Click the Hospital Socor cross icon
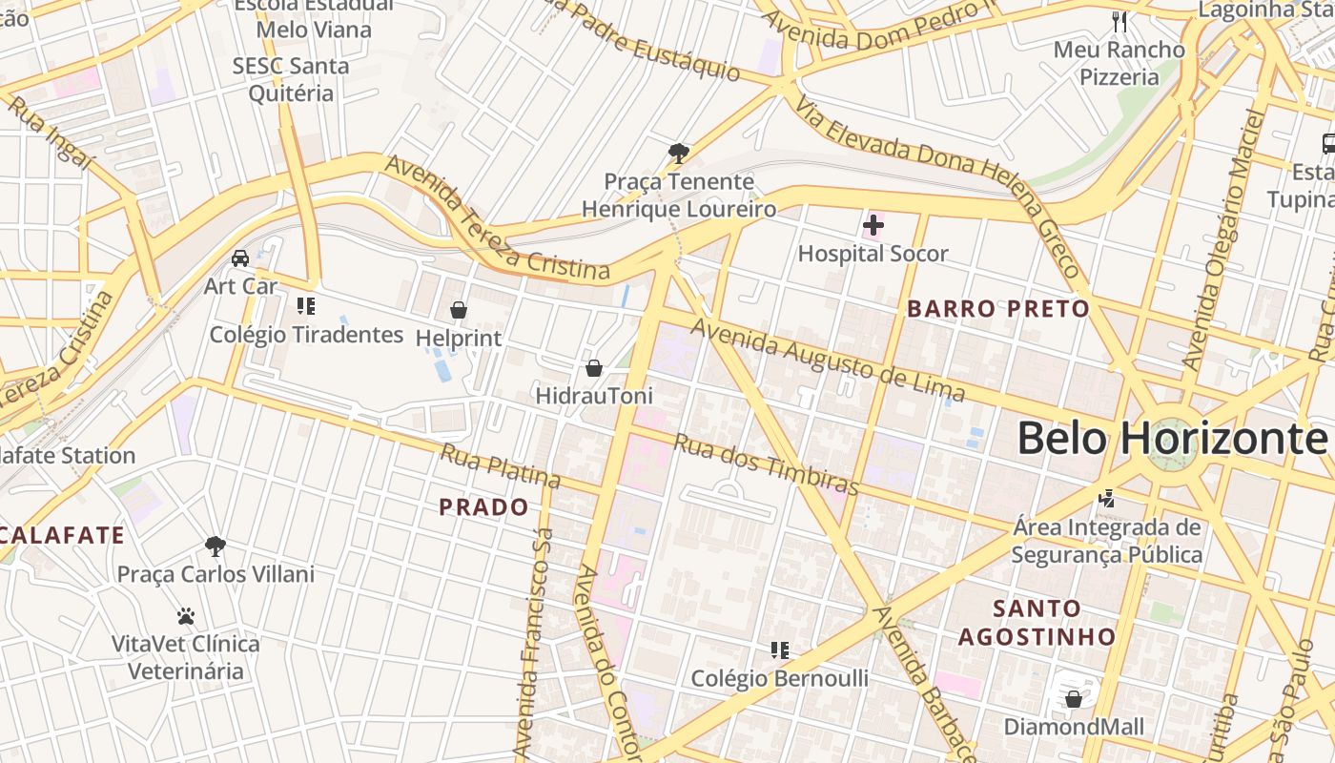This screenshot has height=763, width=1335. click(x=873, y=226)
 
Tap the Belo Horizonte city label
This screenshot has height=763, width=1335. click(x=1171, y=439)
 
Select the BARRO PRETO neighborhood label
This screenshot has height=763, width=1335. click(x=997, y=309)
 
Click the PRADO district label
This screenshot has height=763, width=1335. click(x=483, y=507)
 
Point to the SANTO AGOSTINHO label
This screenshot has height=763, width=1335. click(x=1037, y=622)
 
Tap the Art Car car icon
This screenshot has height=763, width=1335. click(x=240, y=258)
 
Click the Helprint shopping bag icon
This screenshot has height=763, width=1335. click(x=459, y=310)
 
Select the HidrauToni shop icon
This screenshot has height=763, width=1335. click(x=594, y=367)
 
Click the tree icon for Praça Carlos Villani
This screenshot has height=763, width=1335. click(x=216, y=546)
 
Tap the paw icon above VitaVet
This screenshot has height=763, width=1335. click(x=186, y=616)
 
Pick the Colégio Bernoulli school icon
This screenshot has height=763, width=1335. click(x=779, y=650)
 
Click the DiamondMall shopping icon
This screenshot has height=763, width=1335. click(x=1073, y=699)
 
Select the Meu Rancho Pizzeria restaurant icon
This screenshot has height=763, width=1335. click(x=1119, y=22)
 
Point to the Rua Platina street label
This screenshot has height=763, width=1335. click(x=499, y=464)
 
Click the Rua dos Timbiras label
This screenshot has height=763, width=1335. click(x=766, y=464)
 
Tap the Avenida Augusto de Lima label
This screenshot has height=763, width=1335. click(x=828, y=361)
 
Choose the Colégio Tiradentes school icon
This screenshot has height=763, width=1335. click(x=306, y=306)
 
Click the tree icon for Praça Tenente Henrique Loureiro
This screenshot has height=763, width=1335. click(x=678, y=153)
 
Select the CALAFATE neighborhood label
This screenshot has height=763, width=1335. click(x=62, y=535)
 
